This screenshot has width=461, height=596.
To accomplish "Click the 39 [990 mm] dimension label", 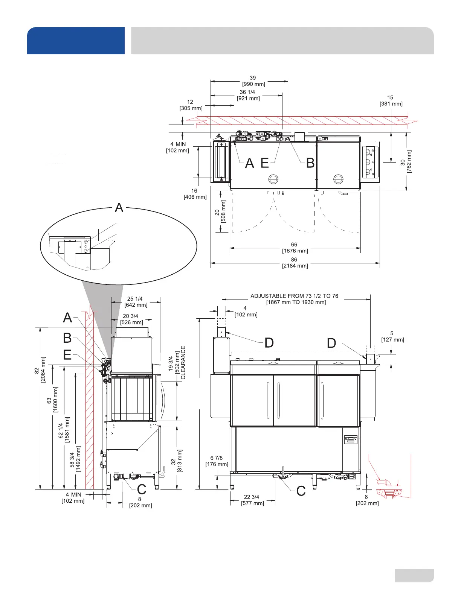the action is coord(253,81).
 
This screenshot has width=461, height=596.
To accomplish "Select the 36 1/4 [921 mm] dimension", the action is coord(248,95).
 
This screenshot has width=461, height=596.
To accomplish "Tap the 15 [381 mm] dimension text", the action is coord(391,101).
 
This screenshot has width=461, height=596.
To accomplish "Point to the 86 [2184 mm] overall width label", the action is coord(295,263).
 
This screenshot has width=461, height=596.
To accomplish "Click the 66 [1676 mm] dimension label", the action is coord(295,248).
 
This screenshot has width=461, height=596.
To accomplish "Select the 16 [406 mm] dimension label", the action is coord(195,194).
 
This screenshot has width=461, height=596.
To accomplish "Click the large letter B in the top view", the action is coord(310,163).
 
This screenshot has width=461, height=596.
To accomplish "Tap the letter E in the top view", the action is coord(264,163).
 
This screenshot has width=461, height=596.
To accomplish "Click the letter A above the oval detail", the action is coord(119,207).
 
